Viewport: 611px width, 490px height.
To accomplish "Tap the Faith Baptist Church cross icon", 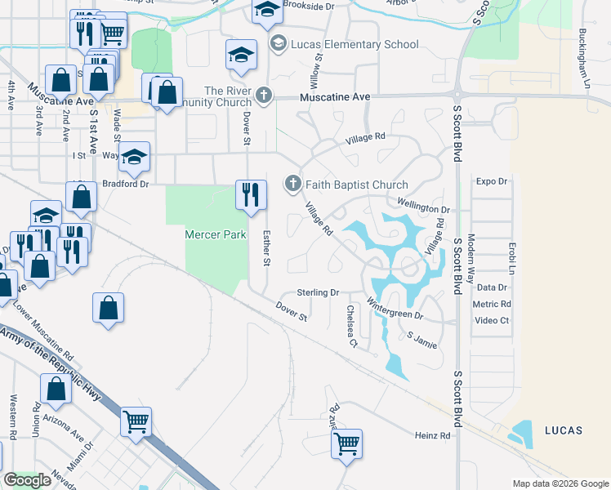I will pos(292,185).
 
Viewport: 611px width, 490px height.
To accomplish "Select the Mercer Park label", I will pos(215,234).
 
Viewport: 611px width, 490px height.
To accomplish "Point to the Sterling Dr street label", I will pos(317,292).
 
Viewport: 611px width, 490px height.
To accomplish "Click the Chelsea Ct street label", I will pos(352,326).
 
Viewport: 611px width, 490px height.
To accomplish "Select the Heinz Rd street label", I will pos(432,436).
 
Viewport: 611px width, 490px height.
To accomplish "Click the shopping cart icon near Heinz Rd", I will pos(347,444).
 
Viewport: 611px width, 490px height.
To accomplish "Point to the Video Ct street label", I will pos(492,320).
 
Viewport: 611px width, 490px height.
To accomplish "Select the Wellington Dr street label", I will pos(424,204).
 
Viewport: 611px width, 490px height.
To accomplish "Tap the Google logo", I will pos(28,480).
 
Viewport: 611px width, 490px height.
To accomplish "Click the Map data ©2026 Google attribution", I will pos(560,483).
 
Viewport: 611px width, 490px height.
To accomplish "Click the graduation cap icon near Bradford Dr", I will pos(135,156).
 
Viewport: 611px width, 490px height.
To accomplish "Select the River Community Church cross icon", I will pos(263,96).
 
